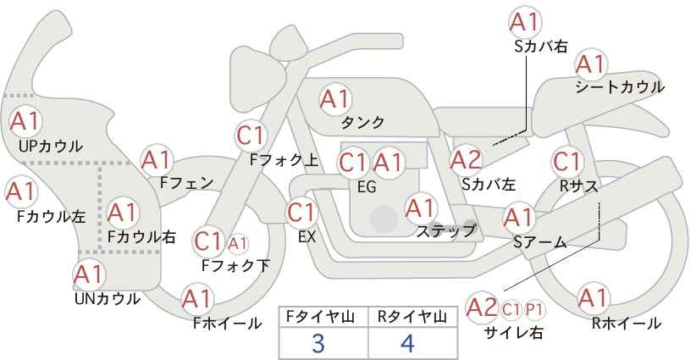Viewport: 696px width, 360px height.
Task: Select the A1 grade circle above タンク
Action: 334,99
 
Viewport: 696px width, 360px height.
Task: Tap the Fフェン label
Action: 186,182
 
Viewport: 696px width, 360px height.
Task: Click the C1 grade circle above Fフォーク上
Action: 251,135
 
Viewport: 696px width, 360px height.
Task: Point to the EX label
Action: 307,237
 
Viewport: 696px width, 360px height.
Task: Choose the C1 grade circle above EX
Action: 302,213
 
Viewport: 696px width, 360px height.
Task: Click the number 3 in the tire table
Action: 318,344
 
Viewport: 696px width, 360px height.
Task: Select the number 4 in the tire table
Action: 408,344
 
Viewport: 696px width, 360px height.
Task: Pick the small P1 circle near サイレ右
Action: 536,308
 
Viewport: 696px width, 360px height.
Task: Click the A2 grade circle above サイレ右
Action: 483,307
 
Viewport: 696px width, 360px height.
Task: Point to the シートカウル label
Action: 620,87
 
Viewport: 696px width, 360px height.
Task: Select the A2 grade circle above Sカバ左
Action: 466,159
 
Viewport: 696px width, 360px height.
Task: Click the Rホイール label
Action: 627,323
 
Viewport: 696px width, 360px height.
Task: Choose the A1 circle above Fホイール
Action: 196,299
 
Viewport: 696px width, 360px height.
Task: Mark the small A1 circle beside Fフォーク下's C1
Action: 238,244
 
